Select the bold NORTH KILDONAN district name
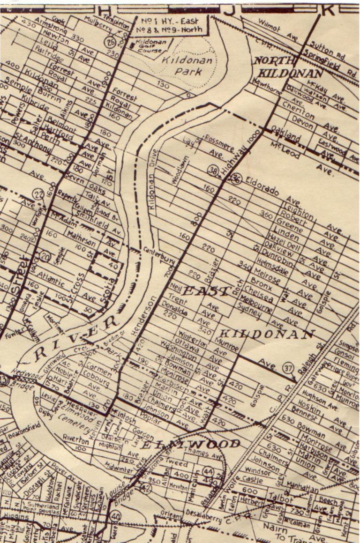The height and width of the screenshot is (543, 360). (x=288, y=67)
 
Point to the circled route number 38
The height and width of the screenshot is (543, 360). (x=214, y=171)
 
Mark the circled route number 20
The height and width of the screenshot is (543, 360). (x=45, y=256)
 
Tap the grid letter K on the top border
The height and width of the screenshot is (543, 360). (x=330, y=9)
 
